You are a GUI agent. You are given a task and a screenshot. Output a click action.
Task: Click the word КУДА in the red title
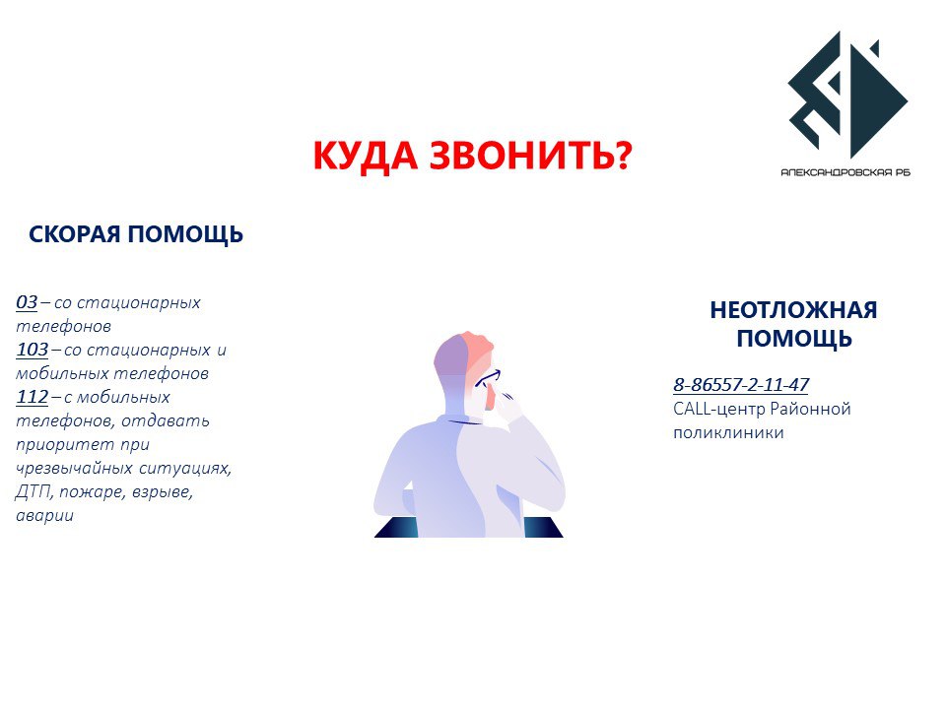(x=366, y=155)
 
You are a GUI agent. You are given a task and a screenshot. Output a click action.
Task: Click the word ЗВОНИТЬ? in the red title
(x=531, y=155)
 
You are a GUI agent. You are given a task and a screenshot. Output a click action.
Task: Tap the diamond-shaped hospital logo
(x=847, y=95)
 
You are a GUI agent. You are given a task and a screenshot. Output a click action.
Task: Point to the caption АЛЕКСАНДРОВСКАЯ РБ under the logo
(x=845, y=172)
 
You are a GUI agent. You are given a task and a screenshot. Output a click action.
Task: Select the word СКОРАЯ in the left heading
(x=75, y=234)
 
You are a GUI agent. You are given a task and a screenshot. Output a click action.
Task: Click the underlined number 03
(x=27, y=301)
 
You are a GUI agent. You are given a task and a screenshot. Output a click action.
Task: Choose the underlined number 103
(x=32, y=349)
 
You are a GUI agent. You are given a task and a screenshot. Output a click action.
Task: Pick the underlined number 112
(x=32, y=397)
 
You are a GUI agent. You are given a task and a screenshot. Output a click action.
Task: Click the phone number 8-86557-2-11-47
(x=741, y=384)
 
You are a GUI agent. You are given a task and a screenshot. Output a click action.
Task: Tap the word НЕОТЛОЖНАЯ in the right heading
(x=793, y=310)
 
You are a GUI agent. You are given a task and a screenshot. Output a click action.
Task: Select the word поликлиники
(x=728, y=432)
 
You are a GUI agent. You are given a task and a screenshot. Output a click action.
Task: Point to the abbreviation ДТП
(x=34, y=492)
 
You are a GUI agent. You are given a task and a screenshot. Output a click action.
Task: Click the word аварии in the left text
(x=44, y=515)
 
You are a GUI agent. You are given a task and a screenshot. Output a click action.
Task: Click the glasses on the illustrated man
(x=488, y=378)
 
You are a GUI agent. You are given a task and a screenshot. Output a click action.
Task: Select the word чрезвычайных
(x=74, y=469)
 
